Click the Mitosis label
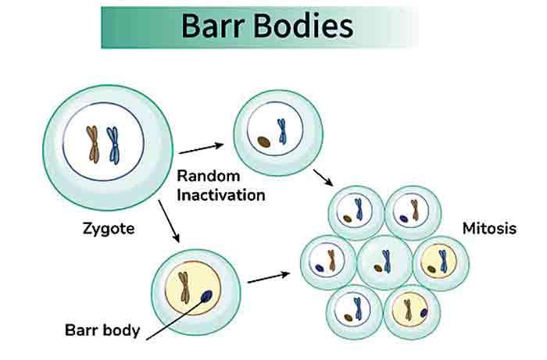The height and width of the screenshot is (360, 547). click(x=489, y=230)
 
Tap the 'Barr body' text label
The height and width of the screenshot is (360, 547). click(x=102, y=330)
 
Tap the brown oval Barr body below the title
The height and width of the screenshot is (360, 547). click(x=263, y=142)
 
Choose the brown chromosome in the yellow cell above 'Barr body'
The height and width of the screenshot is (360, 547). click(x=185, y=287)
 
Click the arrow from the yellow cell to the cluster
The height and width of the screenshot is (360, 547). click(x=270, y=276)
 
